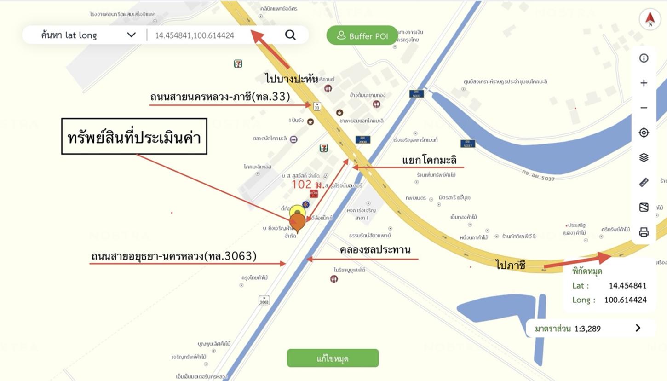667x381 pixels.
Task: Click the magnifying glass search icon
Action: (290, 35)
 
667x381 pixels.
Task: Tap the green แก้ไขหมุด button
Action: (333, 358)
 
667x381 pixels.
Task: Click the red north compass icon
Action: (650, 19)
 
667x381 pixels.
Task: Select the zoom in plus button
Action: (644, 83)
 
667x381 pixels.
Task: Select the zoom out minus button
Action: (644, 108)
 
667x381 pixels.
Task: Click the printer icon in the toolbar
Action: (644, 232)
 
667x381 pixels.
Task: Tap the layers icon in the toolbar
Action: (644, 157)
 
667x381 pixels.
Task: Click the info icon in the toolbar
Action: (644, 58)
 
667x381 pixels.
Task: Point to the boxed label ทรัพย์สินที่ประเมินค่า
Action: (134, 137)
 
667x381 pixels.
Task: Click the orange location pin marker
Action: (298, 222)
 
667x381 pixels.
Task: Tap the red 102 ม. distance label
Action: (307, 185)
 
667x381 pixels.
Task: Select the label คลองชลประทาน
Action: (375, 250)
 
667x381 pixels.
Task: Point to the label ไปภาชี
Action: (510, 265)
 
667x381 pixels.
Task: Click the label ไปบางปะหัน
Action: (291, 79)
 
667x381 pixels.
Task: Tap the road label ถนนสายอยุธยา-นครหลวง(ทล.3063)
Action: (173, 256)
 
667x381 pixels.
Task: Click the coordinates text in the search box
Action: (195, 35)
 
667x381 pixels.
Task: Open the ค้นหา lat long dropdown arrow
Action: (132, 35)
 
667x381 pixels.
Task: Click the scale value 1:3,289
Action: (587, 329)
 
